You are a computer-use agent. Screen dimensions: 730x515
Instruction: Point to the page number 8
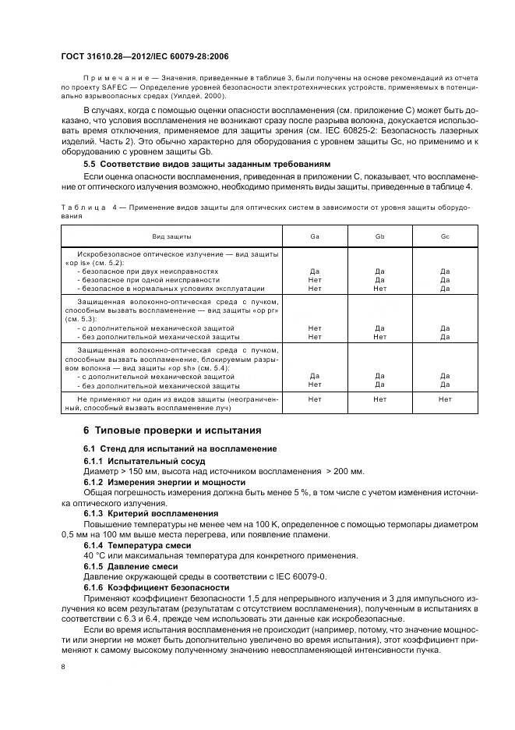coord(63,667)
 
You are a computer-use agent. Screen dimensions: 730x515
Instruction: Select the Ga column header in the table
coord(315,235)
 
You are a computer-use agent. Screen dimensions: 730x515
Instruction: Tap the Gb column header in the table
coord(379,235)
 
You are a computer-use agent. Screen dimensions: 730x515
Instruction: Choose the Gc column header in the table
coord(445,235)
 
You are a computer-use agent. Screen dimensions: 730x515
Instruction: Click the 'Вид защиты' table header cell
coord(171,235)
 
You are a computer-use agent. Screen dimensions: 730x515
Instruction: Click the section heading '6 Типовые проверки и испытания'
coord(171,430)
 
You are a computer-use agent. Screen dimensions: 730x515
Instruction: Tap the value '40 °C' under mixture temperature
coord(94,555)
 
